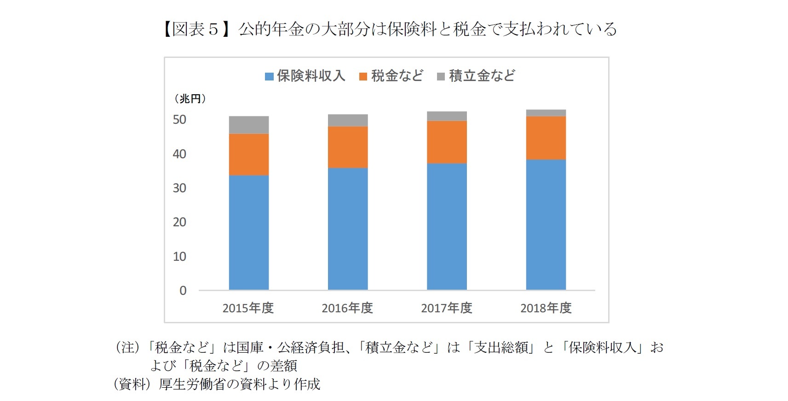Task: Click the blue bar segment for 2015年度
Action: pos(248,232)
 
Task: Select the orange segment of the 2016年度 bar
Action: pos(347,147)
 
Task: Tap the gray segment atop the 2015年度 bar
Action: pos(248,125)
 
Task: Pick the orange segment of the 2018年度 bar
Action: pos(546,138)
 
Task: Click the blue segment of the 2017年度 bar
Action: pos(447,226)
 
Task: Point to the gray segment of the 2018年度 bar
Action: pos(546,113)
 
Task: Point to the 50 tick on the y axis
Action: pos(179,120)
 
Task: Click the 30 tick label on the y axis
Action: pos(179,188)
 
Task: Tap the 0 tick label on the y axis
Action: pos(183,291)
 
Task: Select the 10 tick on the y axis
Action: pos(179,257)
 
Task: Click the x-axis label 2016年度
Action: pos(347,308)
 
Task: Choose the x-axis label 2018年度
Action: pos(546,308)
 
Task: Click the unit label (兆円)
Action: pos(190,99)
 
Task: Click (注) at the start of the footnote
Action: pos(127,347)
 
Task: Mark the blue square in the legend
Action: pos(269,76)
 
